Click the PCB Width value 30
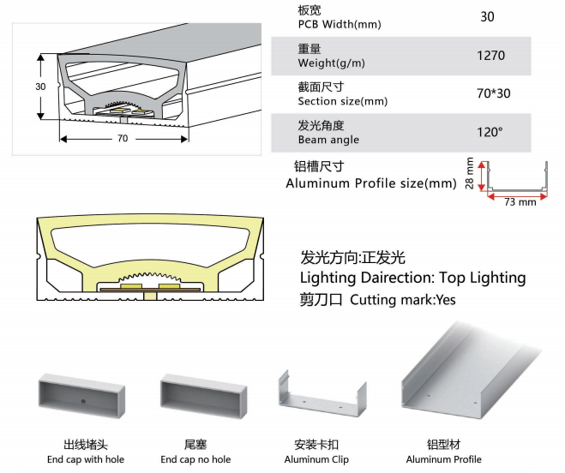pyautogui.click(x=488, y=16)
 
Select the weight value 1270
pyautogui.click(x=490, y=56)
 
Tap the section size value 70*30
pyautogui.click(x=492, y=93)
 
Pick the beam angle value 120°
pyautogui.click(x=490, y=132)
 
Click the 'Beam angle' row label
pyautogui.click(x=328, y=140)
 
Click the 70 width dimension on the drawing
pyautogui.click(x=123, y=138)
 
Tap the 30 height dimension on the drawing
pyautogui.click(x=40, y=87)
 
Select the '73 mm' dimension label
pyautogui.click(x=519, y=202)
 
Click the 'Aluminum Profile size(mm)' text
pyautogui.click(x=370, y=183)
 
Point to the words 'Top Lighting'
pyautogui.click(x=482, y=278)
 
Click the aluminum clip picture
pyautogui.click(x=319, y=398)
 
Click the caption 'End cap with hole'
pyautogui.click(x=86, y=460)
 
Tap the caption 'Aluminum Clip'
pyautogui.click(x=316, y=460)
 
